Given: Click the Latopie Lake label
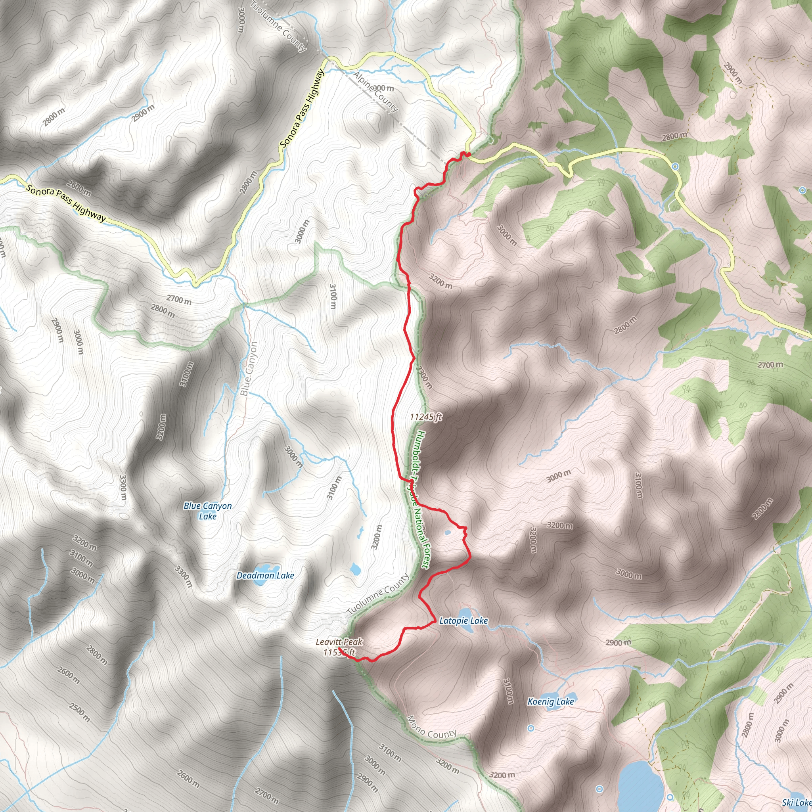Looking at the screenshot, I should [x=463, y=620].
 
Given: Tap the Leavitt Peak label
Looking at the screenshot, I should [x=339, y=642].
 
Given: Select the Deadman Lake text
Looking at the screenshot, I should [x=265, y=575].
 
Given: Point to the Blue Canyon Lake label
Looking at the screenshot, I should [x=208, y=511].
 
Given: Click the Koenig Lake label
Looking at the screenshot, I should [x=551, y=701].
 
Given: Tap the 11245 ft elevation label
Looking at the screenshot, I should [x=426, y=417].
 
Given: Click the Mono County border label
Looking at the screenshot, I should [x=431, y=728].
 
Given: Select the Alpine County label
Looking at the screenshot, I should [x=375, y=92].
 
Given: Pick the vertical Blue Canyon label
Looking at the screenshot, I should [x=249, y=369].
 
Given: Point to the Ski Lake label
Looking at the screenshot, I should [x=797, y=802].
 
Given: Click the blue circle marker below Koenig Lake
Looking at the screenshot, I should [x=531, y=728].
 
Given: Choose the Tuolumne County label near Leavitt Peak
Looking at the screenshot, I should [x=378, y=595].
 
